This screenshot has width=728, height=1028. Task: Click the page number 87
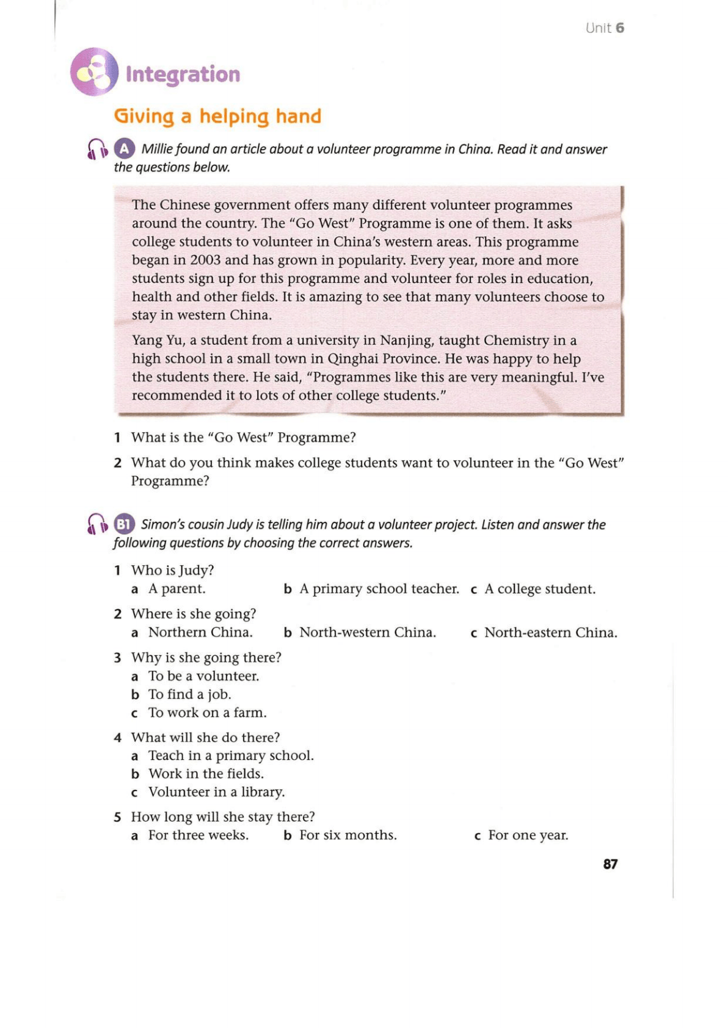(x=610, y=864)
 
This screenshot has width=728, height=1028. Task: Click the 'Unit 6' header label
(x=604, y=28)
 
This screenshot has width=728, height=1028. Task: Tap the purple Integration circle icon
(x=94, y=72)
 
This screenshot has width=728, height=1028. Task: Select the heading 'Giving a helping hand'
(x=217, y=116)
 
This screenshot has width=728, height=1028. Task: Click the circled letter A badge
(x=124, y=149)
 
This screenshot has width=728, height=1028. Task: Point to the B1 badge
(x=124, y=524)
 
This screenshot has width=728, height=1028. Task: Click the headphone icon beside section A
(x=97, y=150)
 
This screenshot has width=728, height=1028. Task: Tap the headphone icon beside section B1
(x=97, y=524)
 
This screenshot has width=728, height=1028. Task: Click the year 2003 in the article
(x=205, y=260)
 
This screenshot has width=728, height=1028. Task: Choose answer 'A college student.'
(x=539, y=589)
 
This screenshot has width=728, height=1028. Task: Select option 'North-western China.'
(x=367, y=632)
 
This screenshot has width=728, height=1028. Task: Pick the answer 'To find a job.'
(x=189, y=694)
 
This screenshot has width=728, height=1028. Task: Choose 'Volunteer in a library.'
(x=216, y=792)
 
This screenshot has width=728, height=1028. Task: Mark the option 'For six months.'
(x=348, y=835)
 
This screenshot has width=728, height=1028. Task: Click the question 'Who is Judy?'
(x=172, y=570)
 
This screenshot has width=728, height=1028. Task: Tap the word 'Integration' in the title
(x=183, y=74)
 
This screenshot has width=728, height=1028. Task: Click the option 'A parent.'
(x=177, y=589)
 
